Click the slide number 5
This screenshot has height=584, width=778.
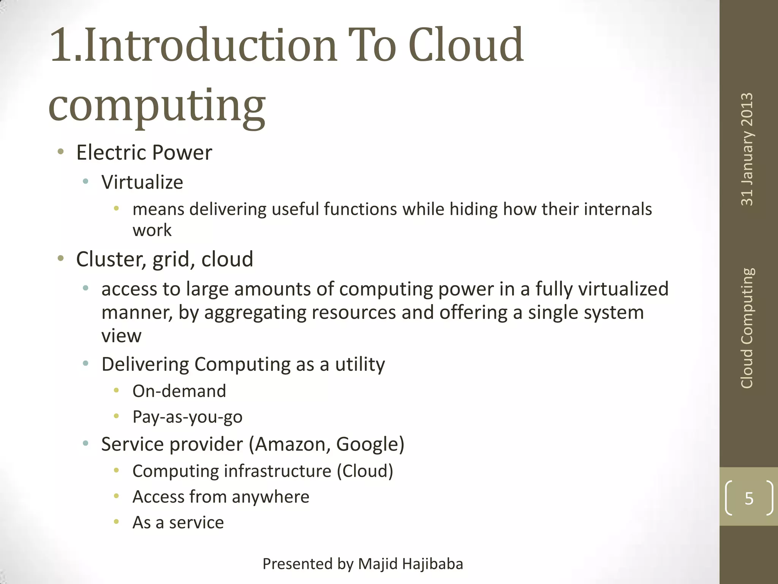749,498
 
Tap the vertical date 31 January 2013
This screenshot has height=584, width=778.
747,149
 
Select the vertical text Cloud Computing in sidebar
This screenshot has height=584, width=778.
747,328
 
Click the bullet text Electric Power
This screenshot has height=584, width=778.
144,153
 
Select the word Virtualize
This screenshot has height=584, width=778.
142,182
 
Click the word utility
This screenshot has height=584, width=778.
360,364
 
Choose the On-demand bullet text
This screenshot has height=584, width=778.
179,391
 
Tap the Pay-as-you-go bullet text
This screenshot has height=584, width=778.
187,417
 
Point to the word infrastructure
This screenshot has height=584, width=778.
277,471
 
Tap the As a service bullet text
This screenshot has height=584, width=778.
178,523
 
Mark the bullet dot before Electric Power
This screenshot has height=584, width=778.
60,152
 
